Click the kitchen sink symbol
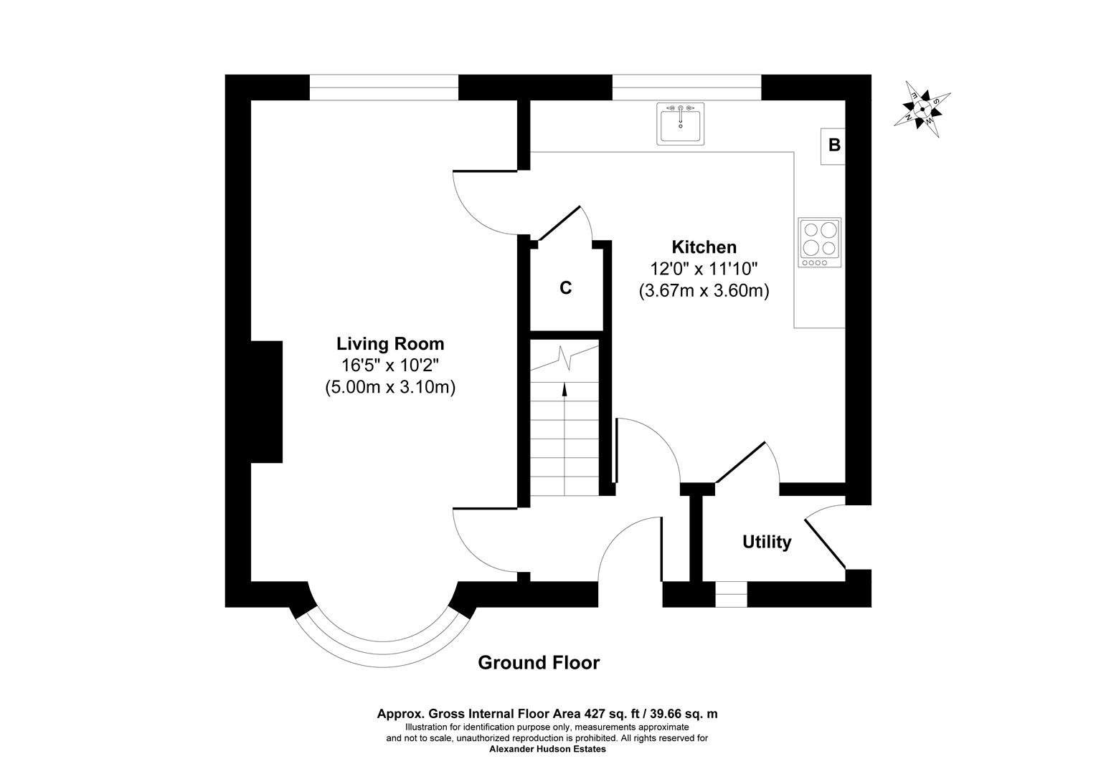tap(681, 124)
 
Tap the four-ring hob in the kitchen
tap(820, 242)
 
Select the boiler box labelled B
tap(833, 145)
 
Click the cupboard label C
tap(565, 288)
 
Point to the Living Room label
tap(390, 344)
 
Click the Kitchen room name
tap(704, 247)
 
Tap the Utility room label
tap(766, 543)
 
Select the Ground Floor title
tap(538, 663)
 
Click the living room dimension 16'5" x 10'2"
tap(390, 365)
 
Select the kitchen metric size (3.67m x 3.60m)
tap(704, 292)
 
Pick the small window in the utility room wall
tap(731, 594)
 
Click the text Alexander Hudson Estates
tap(547, 750)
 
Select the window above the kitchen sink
tap(686, 87)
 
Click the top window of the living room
tap(383, 87)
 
